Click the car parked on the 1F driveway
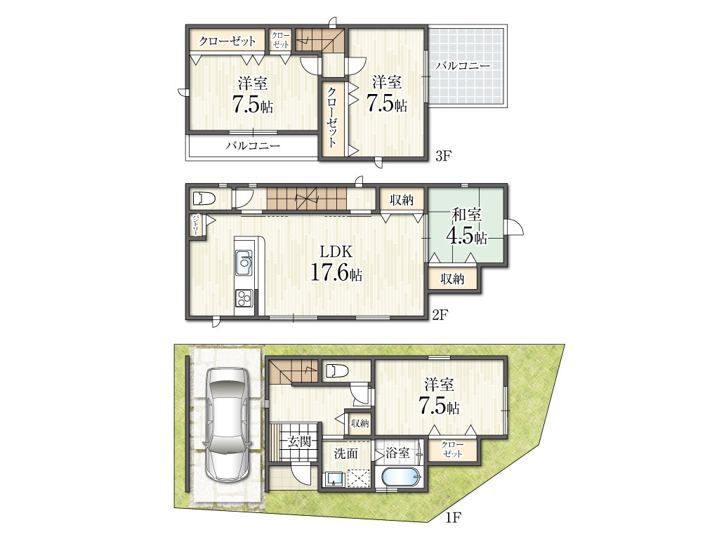tap(227, 425)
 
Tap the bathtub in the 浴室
tap(401, 479)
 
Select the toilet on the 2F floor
tap(204, 199)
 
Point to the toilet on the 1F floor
tap(336, 371)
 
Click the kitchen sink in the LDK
tap(244, 262)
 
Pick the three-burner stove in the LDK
tap(244, 298)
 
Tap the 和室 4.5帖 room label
tap(466, 227)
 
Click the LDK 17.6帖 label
tap(336, 263)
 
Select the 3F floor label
tap(444, 156)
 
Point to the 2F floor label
tap(440, 315)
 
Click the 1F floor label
tap(453, 518)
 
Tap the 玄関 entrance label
tap(299, 442)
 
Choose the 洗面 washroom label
tap(345, 454)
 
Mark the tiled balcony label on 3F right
tap(463, 65)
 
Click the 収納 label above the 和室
tap(402, 200)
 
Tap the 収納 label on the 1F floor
tap(360, 423)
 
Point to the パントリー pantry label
tap(196, 225)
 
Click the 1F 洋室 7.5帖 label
tap(440, 396)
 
